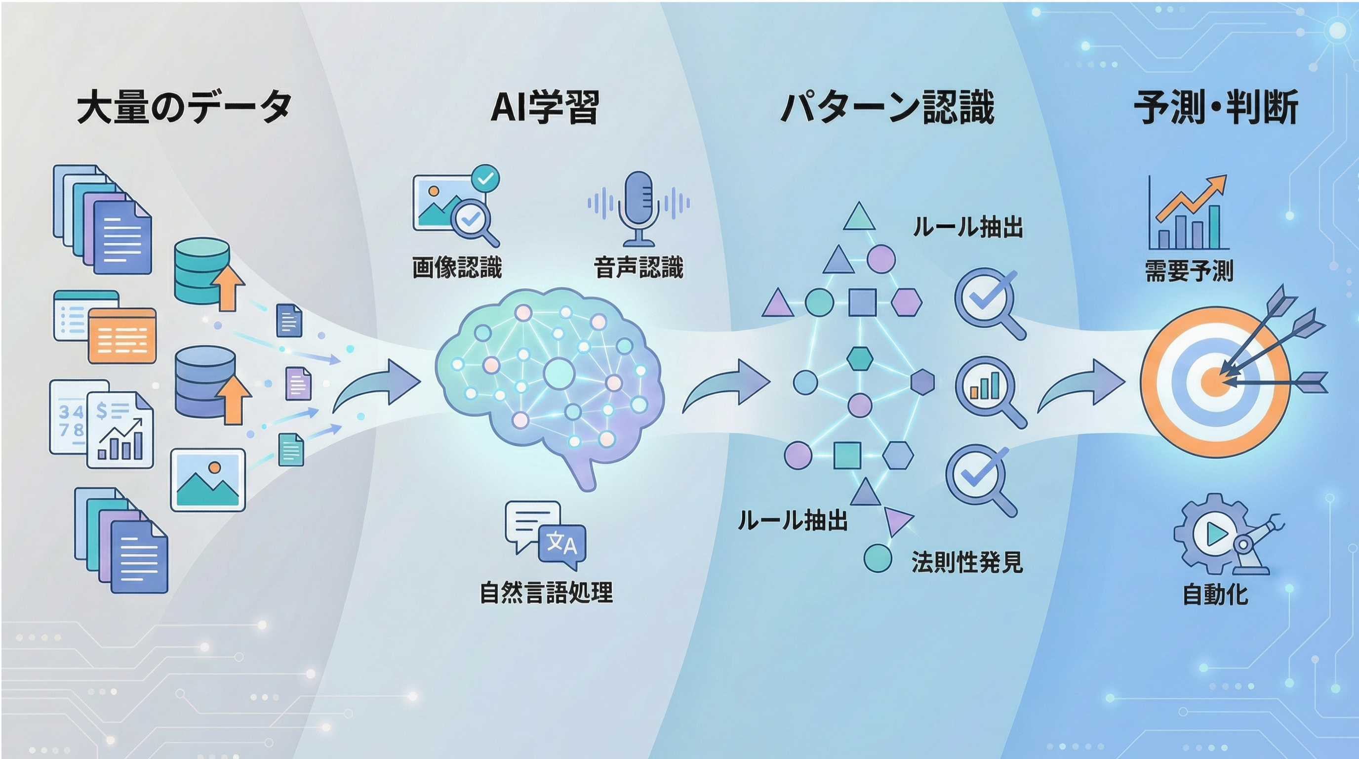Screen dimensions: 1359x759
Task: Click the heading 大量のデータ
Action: [184, 108]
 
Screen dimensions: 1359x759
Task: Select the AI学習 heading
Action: [545, 108]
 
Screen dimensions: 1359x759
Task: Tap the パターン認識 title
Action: [887, 108]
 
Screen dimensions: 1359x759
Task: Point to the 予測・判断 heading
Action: [1216, 108]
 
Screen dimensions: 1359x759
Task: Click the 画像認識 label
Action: [457, 267]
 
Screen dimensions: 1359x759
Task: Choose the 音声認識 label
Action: [639, 267]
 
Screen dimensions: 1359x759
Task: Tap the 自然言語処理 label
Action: [546, 592]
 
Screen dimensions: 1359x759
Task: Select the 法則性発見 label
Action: [967, 562]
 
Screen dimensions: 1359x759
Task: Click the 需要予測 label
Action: [1189, 271]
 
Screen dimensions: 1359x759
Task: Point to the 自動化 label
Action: [1215, 594]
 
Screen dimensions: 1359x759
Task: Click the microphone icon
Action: [639, 209]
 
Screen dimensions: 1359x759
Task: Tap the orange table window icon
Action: [122, 336]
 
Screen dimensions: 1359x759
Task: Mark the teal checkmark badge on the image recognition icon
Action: [485, 178]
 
